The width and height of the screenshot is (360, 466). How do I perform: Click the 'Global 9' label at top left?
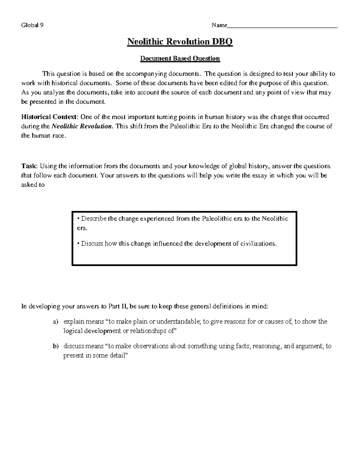(32, 25)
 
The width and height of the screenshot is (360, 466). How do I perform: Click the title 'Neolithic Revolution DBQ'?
(180, 41)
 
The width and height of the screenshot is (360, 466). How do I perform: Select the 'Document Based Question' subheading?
(180, 58)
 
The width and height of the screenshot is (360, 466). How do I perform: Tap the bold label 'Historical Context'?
(49, 117)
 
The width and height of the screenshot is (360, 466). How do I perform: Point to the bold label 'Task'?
(29, 166)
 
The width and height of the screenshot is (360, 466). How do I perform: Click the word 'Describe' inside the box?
(94, 218)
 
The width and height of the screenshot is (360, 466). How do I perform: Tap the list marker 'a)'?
(55, 322)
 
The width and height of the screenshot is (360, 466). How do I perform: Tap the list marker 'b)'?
(55, 346)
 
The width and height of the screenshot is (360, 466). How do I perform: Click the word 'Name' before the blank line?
(219, 25)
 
